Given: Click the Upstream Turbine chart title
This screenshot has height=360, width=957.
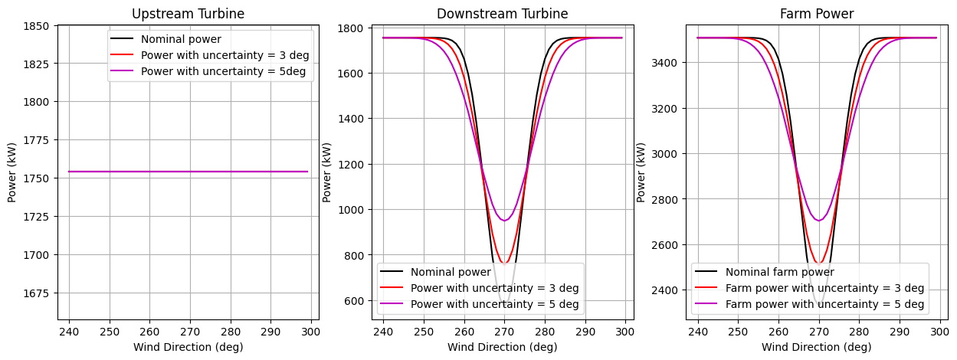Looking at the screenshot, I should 188,14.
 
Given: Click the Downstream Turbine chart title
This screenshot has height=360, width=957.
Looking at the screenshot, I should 502,14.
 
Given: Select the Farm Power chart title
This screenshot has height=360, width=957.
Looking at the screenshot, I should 817,14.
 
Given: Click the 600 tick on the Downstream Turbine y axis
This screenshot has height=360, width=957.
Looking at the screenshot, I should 355,301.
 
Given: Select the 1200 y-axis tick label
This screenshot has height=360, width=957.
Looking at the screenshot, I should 352,165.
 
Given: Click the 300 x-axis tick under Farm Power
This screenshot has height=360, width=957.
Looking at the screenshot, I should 939,331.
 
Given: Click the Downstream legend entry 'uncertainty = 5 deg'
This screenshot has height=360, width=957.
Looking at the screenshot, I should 494,305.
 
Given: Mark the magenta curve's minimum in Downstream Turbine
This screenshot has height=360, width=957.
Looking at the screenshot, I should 504,221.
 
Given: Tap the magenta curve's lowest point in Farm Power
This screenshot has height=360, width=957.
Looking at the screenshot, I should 819,221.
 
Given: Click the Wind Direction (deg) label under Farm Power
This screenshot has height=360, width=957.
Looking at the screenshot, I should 817,347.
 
